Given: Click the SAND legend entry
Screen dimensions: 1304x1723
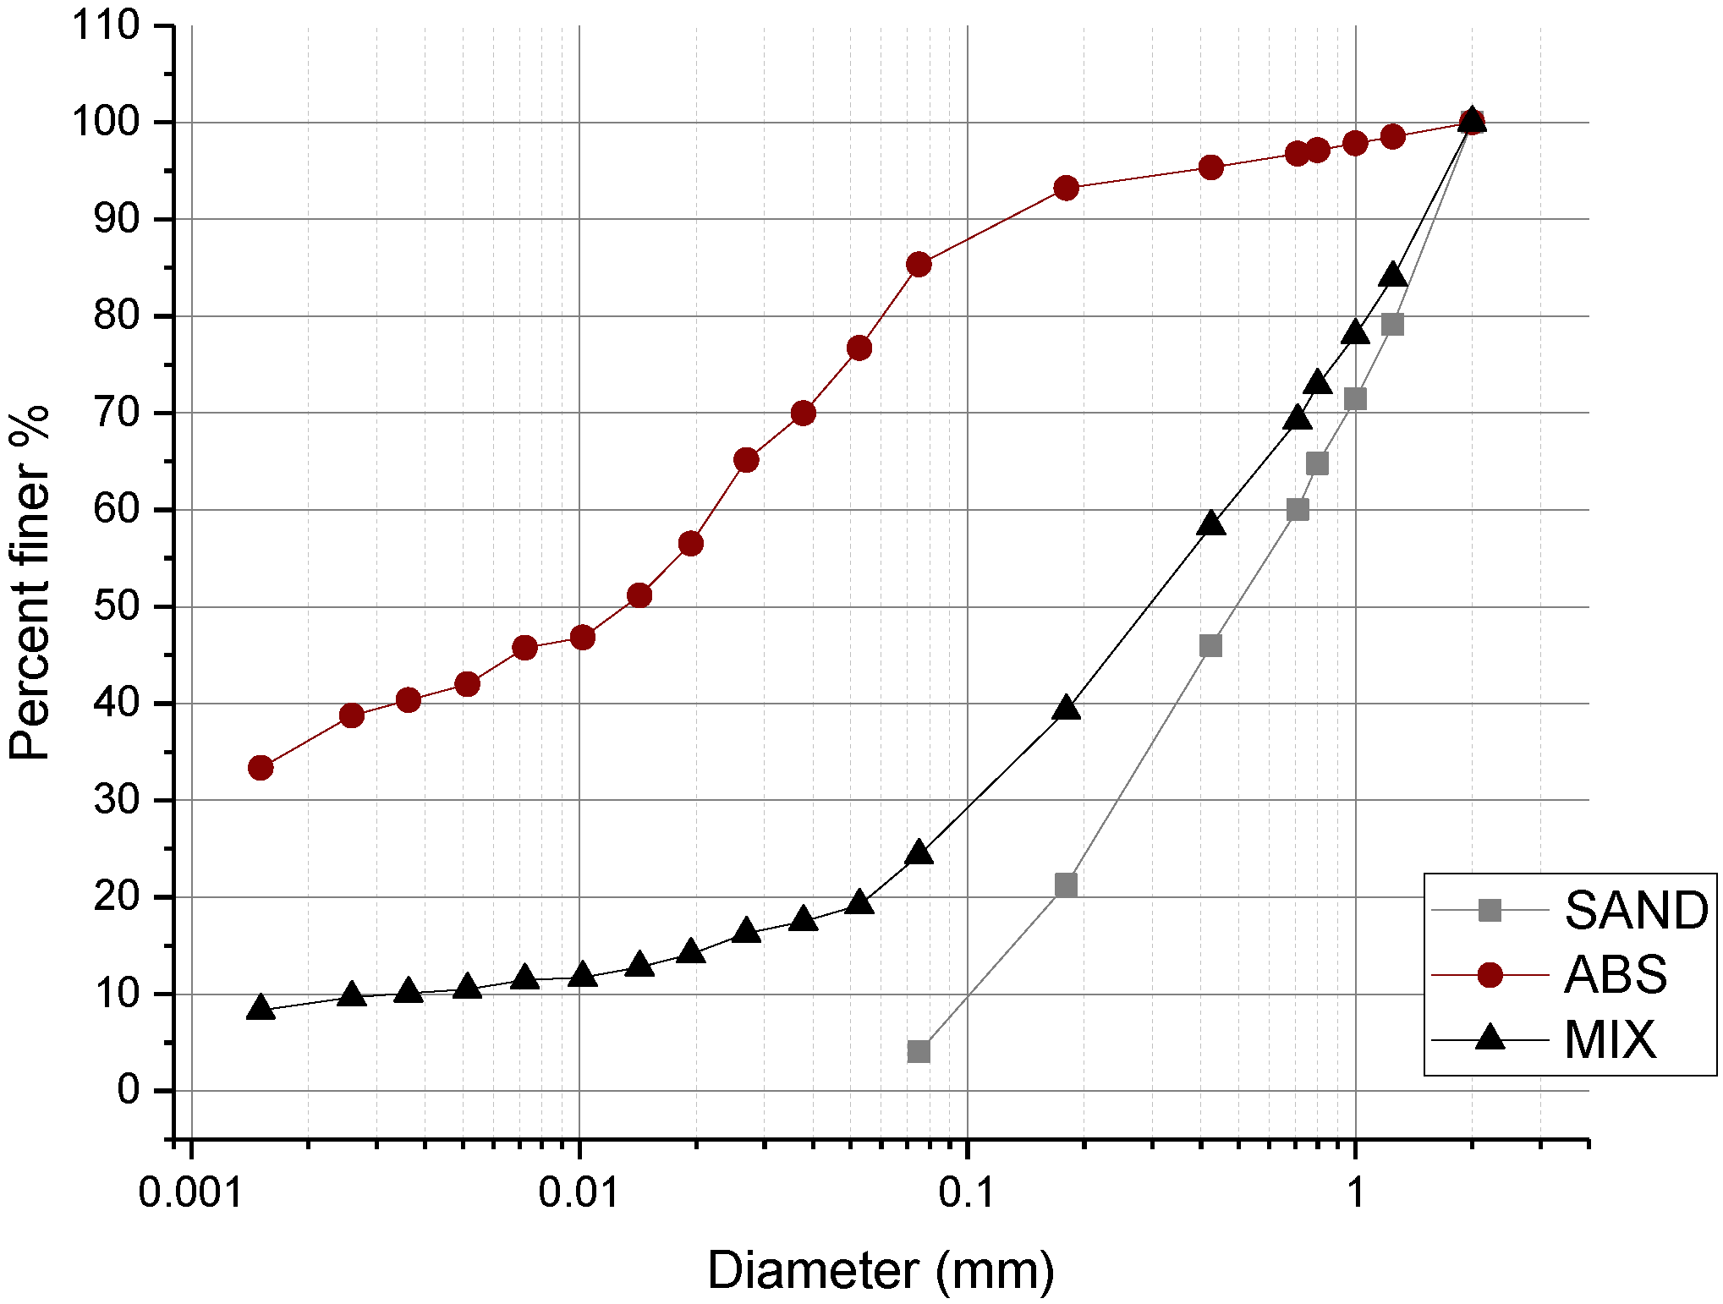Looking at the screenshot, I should click(x=1635, y=911).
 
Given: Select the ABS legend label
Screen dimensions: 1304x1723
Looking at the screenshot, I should click(x=1615, y=975).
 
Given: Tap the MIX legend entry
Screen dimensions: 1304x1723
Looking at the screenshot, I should click(x=1610, y=1039).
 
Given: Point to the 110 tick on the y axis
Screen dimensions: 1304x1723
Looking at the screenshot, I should click(x=105, y=26).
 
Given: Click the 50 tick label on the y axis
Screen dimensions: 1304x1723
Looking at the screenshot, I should click(x=117, y=606).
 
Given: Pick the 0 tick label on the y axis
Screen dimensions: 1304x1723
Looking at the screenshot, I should click(x=129, y=1090).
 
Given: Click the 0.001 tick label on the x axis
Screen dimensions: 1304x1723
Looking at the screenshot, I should click(x=191, y=1193).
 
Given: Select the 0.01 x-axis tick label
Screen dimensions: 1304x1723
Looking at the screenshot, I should click(x=579, y=1193).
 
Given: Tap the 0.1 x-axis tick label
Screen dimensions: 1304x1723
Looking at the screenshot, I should click(x=967, y=1193).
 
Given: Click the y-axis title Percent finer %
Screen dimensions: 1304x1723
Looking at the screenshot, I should click(x=30, y=584).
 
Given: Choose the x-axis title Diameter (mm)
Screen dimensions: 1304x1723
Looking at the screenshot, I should click(x=881, y=1270).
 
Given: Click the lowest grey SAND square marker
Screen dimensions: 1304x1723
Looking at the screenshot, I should click(x=919, y=1051).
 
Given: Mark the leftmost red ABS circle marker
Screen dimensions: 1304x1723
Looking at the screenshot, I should click(x=261, y=768).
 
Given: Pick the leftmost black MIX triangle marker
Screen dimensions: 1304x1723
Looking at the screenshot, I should click(x=261, y=1008).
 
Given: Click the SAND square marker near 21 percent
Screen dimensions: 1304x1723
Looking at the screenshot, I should click(x=1066, y=885).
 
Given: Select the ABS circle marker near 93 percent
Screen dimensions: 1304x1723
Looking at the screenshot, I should click(x=1067, y=188).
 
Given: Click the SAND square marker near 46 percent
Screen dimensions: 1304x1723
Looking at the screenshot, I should click(x=1210, y=646).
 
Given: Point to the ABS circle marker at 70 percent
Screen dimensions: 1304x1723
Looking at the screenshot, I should click(x=803, y=413).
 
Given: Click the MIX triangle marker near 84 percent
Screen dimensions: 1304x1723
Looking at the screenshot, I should click(x=1392, y=276).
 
